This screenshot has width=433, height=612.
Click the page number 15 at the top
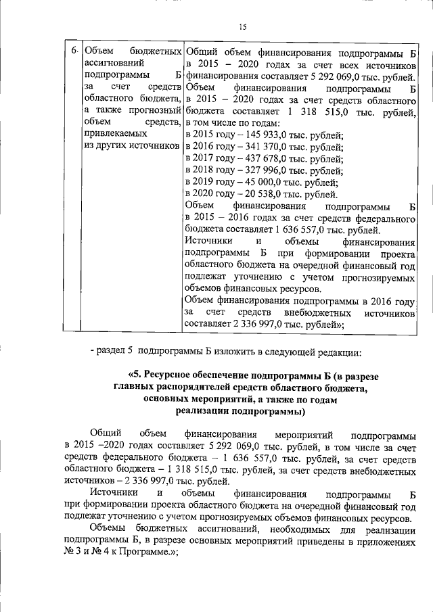click(x=242, y=26)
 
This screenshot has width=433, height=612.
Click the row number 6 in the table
click(x=75, y=52)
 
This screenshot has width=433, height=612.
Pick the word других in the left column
click(x=110, y=147)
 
